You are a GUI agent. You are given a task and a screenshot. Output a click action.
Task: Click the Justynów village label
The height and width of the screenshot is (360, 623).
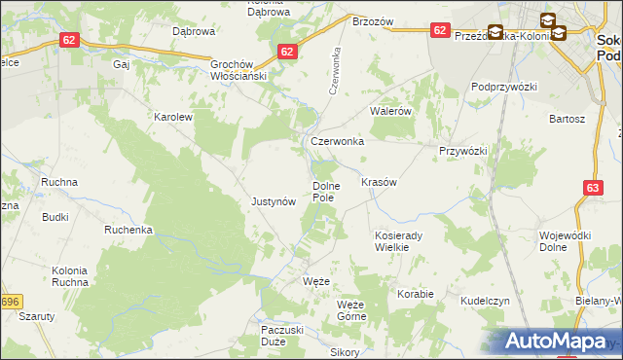273,202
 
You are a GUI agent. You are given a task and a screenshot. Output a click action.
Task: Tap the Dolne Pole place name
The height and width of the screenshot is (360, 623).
324,192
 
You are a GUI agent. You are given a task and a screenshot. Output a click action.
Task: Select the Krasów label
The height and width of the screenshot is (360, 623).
379,182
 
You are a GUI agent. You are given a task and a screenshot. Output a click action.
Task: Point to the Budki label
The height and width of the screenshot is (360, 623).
55,217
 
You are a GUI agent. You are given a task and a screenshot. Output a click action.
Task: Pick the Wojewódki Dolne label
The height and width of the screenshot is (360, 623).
566,241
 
